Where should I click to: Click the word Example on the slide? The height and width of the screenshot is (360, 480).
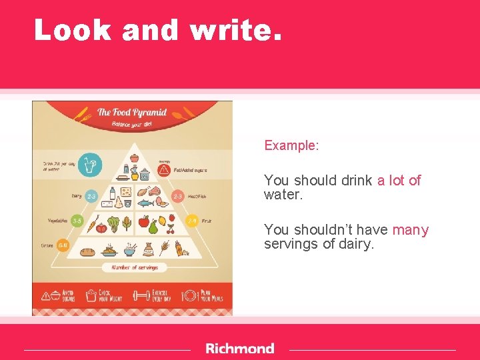pyautogui.click(x=290, y=145)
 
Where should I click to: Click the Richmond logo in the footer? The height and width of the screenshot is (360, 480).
pyautogui.click(x=240, y=349)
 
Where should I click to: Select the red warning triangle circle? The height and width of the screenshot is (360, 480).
pyautogui.click(x=164, y=170)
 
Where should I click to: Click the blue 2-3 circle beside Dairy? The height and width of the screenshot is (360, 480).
pyautogui.click(x=91, y=197)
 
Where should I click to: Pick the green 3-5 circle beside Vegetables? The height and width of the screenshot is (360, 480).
pyautogui.click(x=77, y=221)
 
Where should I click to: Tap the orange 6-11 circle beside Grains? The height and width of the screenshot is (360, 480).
pyautogui.click(x=63, y=245)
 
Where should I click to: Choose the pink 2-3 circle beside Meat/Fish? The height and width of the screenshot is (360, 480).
pyautogui.click(x=178, y=197)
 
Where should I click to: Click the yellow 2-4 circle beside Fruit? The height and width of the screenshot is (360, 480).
pyautogui.click(x=192, y=221)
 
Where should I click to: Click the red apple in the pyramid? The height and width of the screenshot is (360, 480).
pyautogui.click(x=143, y=221)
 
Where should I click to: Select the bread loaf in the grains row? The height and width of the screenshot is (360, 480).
pyautogui.click(x=89, y=251)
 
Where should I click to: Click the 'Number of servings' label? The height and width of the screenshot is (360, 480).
pyautogui.click(x=134, y=267)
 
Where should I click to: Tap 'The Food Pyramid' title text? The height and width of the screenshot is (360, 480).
pyautogui.click(x=132, y=112)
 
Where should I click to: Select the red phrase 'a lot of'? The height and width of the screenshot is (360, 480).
pyautogui.click(x=399, y=181)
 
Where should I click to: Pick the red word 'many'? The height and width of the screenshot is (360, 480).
pyautogui.click(x=411, y=230)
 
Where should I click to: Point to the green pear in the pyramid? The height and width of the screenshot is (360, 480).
pyautogui.click(x=153, y=227)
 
